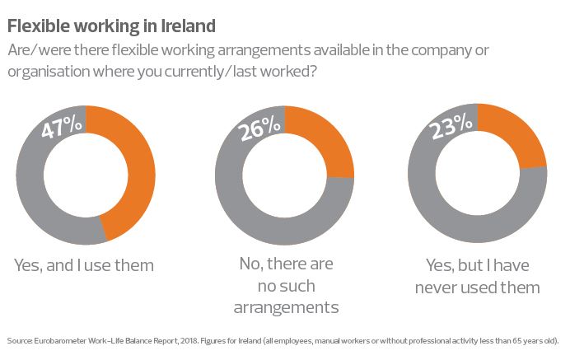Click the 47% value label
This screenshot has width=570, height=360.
(62, 125)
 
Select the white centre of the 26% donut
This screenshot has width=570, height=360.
(283, 175)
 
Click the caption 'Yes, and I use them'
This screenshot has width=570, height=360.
(84, 265)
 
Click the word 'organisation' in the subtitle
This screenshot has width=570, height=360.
(46, 71)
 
